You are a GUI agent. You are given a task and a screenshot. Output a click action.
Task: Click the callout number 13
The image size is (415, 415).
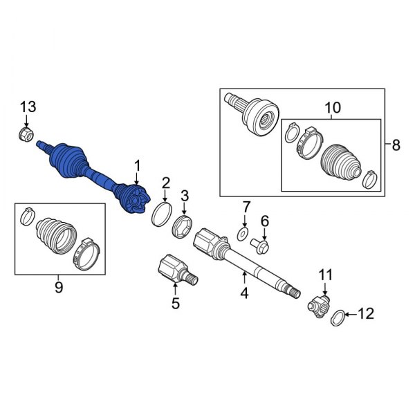point(27,107)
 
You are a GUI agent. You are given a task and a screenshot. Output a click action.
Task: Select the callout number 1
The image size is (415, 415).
point(138,165)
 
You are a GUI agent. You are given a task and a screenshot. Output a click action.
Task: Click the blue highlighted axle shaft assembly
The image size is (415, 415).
point(90,173)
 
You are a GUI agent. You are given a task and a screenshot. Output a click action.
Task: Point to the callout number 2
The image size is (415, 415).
point(166,183)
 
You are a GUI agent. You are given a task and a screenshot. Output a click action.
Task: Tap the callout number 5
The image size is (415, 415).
point(175,302)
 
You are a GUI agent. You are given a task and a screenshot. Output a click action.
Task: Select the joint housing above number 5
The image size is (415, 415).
point(169,268)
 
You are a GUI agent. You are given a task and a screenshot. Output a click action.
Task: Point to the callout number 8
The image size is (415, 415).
point(396,145)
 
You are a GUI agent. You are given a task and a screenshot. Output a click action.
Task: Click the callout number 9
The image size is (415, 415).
point(58,286)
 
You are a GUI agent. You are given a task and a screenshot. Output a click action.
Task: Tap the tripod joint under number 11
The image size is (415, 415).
point(320,303)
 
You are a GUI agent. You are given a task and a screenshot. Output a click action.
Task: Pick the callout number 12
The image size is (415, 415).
point(366,315)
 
